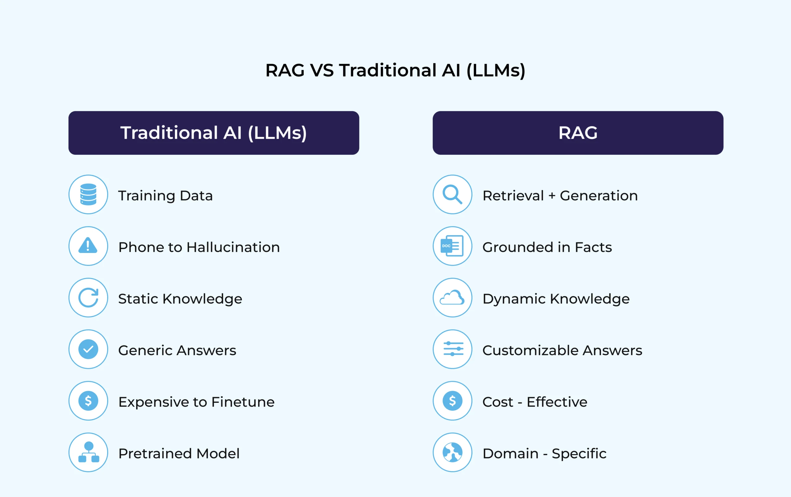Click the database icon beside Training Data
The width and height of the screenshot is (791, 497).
pyautogui.click(x=88, y=195)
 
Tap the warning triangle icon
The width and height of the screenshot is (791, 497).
pyautogui.click(x=88, y=246)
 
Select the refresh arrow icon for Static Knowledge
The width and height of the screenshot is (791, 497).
pyautogui.click(x=88, y=297)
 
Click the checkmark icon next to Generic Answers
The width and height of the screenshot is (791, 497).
pyautogui.click(x=88, y=349)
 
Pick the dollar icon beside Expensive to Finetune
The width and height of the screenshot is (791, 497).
pyautogui.click(x=88, y=401)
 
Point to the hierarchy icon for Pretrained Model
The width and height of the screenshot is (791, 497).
pyautogui.click(x=88, y=452)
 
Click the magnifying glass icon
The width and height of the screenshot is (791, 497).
pyautogui.click(x=452, y=195)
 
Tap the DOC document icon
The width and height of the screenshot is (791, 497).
pyautogui.click(x=452, y=246)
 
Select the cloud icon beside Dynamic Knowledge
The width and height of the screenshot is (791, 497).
pyautogui.click(x=452, y=297)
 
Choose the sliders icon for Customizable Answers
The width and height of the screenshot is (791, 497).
pyautogui.click(x=453, y=349)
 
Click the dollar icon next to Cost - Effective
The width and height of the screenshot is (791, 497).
pyautogui.click(x=452, y=401)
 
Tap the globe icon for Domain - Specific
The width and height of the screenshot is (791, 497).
pyautogui.click(x=452, y=452)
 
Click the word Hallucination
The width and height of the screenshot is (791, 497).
pyautogui.click(x=233, y=247)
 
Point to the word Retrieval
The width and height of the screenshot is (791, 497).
pyautogui.click(x=513, y=196)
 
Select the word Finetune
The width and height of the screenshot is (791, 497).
pyautogui.click(x=243, y=402)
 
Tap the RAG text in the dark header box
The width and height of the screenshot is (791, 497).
pyautogui.click(x=578, y=133)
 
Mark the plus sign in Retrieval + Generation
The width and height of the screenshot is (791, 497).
pyautogui.click(x=552, y=196)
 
